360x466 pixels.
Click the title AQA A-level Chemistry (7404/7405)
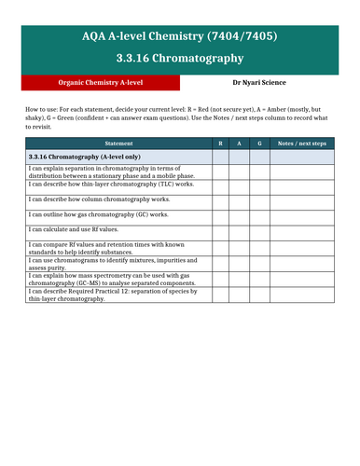179,36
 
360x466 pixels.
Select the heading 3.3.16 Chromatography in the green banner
179,59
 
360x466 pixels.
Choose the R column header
220,144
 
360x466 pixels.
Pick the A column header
241,144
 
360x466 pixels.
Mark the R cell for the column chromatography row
220,200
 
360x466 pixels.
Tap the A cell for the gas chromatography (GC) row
241,215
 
